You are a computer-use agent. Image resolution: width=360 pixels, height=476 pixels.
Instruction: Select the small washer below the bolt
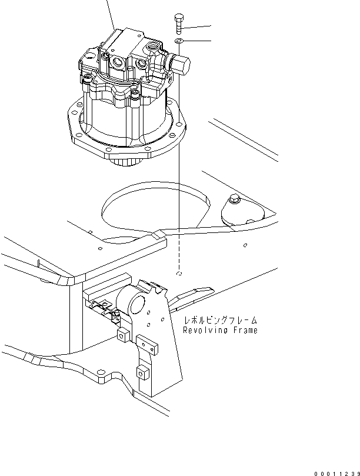pos(179,41)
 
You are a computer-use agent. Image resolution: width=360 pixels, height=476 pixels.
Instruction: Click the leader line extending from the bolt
pos(197,26)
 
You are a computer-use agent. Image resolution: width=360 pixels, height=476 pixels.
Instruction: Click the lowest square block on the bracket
pos(141,372)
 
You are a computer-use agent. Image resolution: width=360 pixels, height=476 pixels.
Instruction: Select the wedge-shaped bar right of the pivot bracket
pos(192,294)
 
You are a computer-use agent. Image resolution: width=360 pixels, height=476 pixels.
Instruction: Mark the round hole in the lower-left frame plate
pos(103,374)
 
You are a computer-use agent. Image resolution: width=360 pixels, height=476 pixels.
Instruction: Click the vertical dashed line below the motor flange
pos(179,212)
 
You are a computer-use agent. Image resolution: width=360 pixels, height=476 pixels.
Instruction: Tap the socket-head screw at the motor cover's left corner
pos(85,77)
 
